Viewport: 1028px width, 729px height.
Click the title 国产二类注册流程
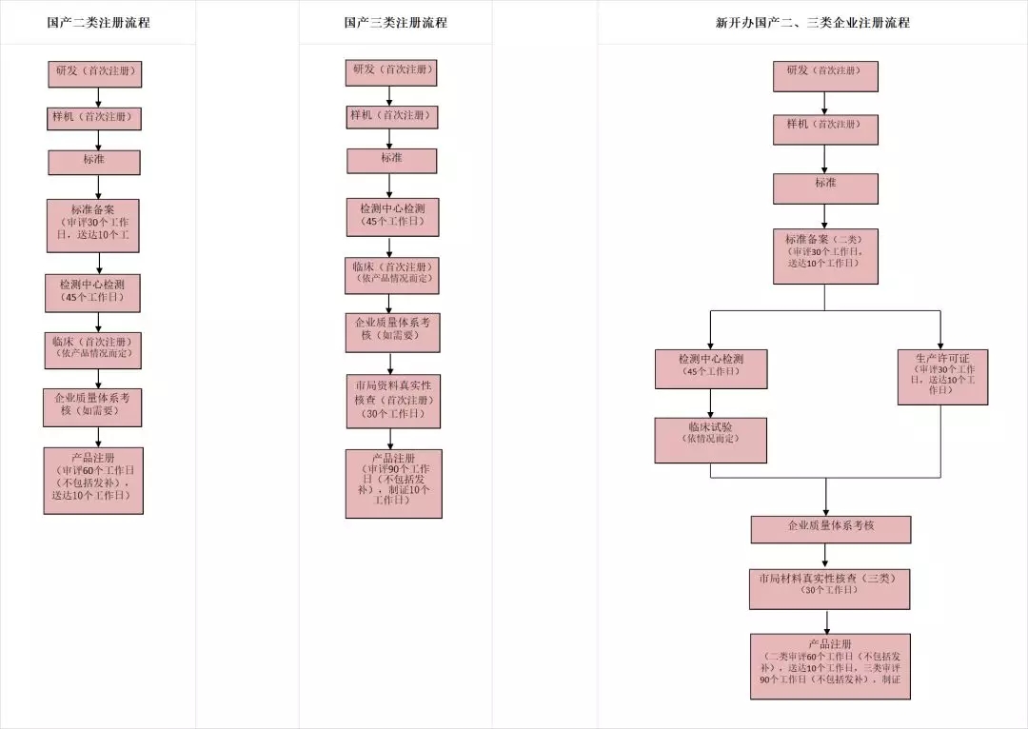[98, 23]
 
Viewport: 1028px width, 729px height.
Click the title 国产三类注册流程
[395, 23]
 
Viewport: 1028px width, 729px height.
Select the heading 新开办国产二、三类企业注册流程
[812, 23]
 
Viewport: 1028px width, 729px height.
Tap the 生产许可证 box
[942, 377]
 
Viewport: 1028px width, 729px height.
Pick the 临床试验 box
[710, 440]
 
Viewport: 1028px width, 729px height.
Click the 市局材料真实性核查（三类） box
[828, 589]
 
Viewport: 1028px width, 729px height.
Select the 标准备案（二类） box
[824, 256]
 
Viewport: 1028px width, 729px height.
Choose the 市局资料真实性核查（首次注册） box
[393, 401]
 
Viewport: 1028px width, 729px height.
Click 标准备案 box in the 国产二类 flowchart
[93, 226]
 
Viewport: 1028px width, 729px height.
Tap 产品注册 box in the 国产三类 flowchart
[393, 483]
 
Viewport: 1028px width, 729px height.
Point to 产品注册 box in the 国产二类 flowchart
[93, 481]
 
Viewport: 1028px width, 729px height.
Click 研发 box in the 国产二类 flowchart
[95, 74]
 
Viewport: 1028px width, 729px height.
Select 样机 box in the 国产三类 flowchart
[392, 116]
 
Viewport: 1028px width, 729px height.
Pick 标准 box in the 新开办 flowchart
[824, 188]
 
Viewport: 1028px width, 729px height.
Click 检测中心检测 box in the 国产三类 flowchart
[392, 217]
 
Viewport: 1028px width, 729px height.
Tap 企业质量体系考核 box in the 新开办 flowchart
[830, 529]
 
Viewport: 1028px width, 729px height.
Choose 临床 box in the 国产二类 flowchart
[92, 350]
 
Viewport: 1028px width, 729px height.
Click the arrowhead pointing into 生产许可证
[940, 345]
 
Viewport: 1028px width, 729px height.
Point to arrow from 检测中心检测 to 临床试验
[710, 403]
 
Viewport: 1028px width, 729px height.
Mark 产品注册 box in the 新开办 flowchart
[830, 666]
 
